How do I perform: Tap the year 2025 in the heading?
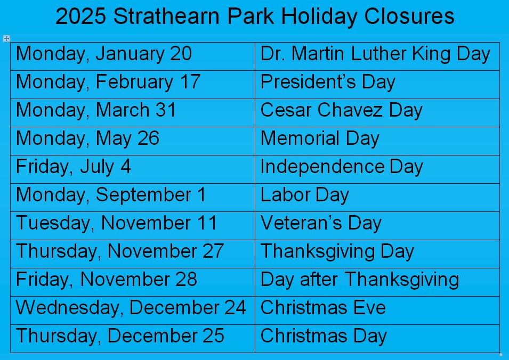[81, 15]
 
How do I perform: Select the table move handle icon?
[6, 38]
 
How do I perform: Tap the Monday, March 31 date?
[96, 110]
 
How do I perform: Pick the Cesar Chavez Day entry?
[342, 110]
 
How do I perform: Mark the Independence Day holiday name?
[342, 167]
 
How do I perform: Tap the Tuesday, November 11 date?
[116, 223]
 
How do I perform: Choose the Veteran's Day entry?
[321, 223]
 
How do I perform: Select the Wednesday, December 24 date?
[131, 307]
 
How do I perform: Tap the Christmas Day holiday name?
[324, 336]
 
